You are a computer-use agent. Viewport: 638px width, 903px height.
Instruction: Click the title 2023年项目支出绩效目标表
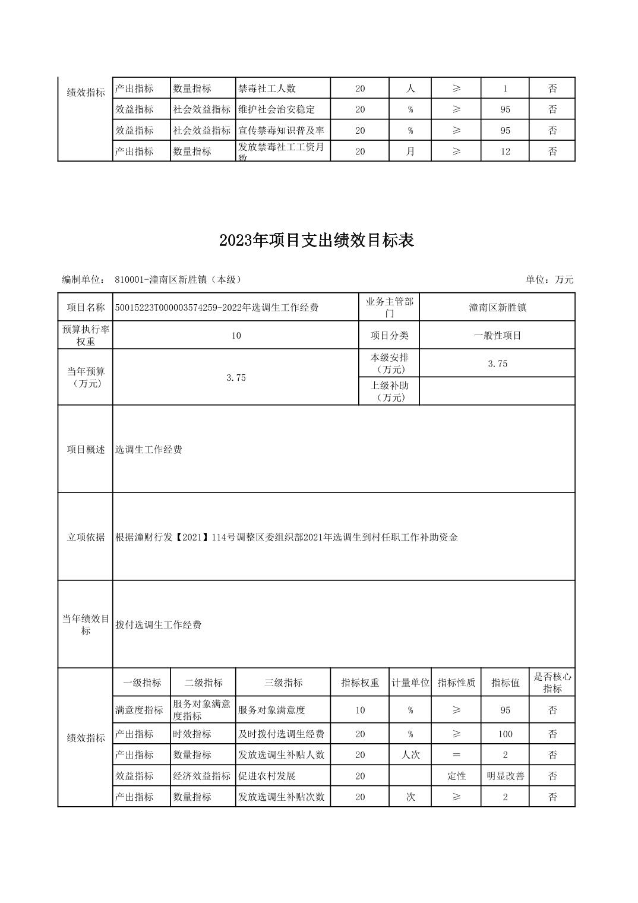316,241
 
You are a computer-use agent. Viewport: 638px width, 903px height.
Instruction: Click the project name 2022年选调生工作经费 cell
217,308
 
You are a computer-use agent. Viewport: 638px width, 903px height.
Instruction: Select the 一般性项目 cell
497,336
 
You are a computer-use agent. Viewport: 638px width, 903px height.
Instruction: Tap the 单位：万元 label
549,280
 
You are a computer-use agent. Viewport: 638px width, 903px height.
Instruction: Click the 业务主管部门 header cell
389,308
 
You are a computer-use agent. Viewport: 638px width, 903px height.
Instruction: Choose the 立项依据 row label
86,537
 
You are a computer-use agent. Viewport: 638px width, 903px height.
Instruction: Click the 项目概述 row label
86,450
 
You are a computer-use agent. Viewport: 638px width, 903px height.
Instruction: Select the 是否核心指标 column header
552,683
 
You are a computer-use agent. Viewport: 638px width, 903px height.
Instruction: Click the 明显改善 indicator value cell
505,776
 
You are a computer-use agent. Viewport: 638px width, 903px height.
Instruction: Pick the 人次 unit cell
410,755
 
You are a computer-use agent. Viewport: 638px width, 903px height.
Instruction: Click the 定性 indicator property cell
456,776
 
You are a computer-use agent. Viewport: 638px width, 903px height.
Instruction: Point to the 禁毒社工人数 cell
267,89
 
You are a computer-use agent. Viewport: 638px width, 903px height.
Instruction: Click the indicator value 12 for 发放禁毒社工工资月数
505,151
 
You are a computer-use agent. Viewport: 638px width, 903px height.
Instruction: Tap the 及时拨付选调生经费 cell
281,734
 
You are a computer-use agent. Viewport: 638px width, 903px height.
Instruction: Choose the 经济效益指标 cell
202,776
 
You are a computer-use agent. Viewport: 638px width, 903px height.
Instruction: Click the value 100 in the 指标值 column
505,734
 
